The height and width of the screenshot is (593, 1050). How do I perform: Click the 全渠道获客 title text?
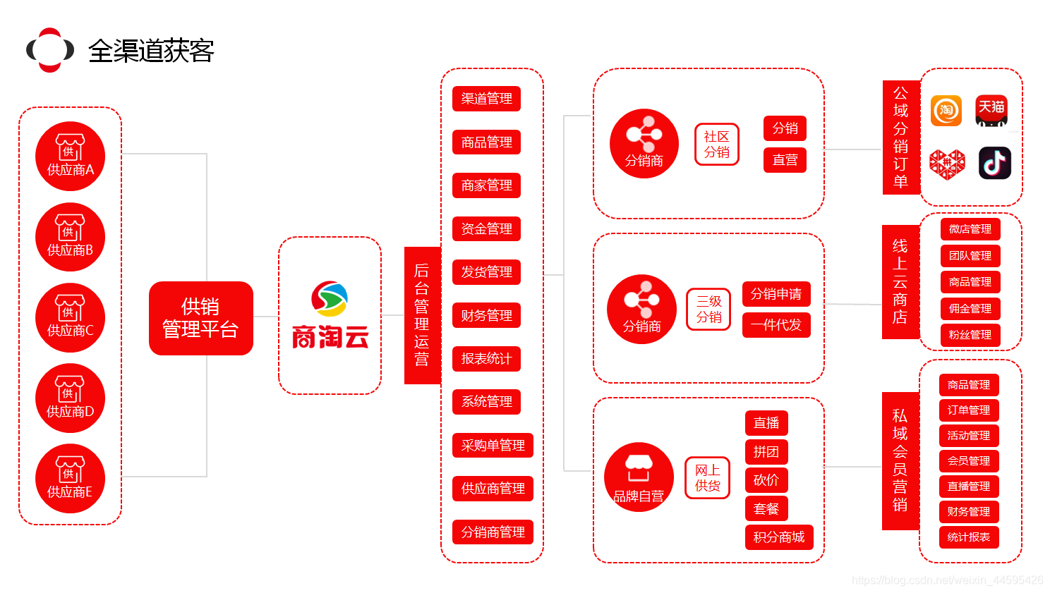[151, 51]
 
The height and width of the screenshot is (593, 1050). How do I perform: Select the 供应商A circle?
[71, 157]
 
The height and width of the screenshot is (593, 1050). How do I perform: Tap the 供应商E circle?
[71, 478]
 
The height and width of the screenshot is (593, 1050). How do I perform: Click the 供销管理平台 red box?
[201, 318]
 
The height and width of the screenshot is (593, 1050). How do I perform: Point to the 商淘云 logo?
[330, 315]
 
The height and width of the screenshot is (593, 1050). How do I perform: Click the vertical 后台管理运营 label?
[422, 315]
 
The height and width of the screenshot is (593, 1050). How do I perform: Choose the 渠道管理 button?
[486, 99]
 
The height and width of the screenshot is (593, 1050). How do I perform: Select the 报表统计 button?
[486, 359]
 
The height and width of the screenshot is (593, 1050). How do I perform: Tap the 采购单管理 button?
[493, 446]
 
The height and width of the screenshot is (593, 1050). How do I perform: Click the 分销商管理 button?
[493, 532]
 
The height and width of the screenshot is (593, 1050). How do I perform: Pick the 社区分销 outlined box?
[717, 145]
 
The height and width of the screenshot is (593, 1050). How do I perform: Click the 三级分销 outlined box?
[709, 310]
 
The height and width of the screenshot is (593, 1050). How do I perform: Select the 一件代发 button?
[776, 325]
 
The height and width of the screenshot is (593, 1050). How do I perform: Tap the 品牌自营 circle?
[639, 477]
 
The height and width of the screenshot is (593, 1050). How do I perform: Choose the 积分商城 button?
[779, 537]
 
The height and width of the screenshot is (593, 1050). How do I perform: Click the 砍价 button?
[766, 480]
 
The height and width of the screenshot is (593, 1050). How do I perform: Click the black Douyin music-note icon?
[995, 164]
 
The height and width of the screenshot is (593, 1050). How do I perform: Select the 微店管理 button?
[970, 229]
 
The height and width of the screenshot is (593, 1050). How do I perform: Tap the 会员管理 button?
[969, 461]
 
